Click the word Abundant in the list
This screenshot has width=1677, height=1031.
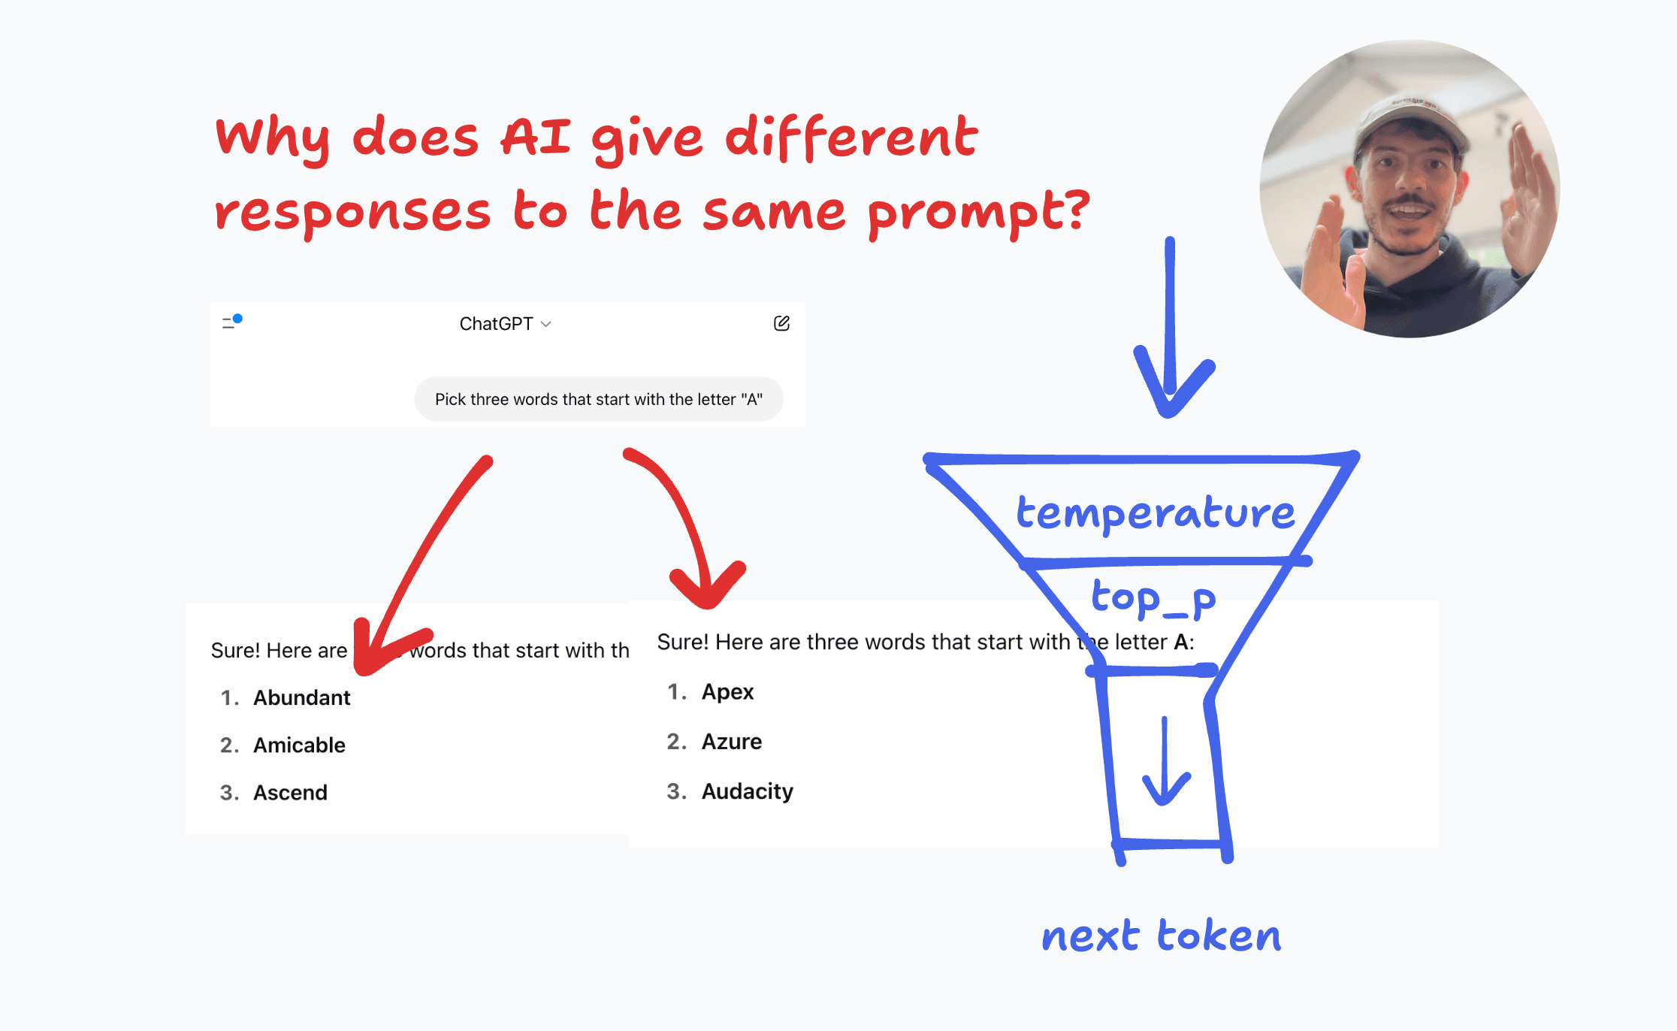(301, 697)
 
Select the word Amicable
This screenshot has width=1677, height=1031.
(299, 745)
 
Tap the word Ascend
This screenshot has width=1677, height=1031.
(290, 792)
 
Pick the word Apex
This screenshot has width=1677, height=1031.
(727, 692)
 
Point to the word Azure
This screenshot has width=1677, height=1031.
(732, 742)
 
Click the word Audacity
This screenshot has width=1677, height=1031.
(748, 791)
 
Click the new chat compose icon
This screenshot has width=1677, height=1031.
(781, 323)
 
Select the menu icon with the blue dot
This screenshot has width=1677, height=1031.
(231, 322)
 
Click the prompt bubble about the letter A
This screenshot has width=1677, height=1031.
(599, 399)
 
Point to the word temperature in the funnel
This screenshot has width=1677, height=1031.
(1156, 513)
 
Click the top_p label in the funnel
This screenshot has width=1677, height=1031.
(1153, 599)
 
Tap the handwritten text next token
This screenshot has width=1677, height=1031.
(1162, 936)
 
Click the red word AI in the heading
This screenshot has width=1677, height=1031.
(536, 138)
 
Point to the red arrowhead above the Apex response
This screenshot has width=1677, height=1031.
(707, 586)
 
